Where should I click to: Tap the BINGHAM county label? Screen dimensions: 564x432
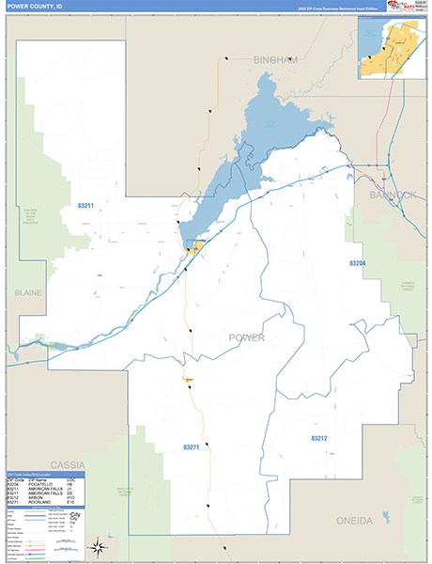click(x=274, y=59)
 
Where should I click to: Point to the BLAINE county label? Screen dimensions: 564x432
click(x=28, y=293)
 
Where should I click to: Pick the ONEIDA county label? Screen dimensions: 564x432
click(x=354, y=520)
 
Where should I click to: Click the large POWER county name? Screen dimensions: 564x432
click(x=247, y=337)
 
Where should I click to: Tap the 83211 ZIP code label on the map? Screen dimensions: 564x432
click(x=85, y=205)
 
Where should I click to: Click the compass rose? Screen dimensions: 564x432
click(x=97, y=548)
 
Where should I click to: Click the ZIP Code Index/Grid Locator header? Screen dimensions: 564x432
click(x=33, y=475)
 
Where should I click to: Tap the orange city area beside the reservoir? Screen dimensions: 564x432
click(x=195, y=246)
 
